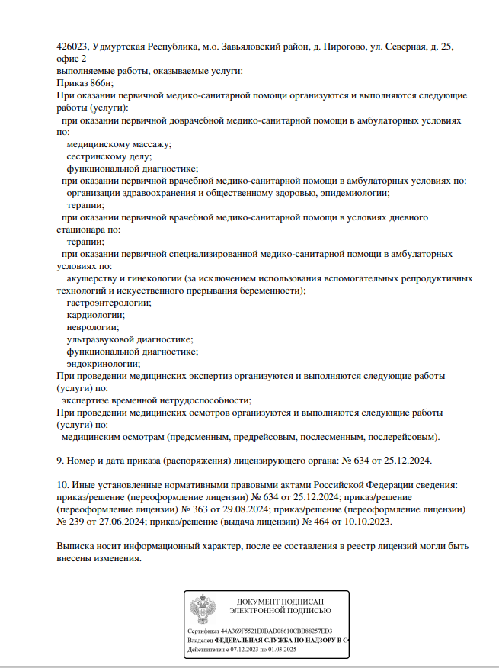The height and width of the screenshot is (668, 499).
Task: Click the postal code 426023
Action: pyautogui.click(x=72, y=47)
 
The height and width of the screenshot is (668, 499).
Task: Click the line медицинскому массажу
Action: pyautogui.click(x=118, y=144)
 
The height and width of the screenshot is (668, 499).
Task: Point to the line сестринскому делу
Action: pyautogui.click(x=109, y=156)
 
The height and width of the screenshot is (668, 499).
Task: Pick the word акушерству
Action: pyautogui.click(x=93, y=278)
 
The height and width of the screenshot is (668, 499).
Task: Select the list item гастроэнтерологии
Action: pyautogui.click(x=108, y=303)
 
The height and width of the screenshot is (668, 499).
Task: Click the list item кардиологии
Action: pyautogui.click(x=96, y=315)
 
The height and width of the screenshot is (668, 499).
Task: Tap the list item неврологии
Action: pyautogui.click(x=93, y=327)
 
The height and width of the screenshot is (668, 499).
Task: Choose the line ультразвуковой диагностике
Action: pyautogui.click(x=129, y=339)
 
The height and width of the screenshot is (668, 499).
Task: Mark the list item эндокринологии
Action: pyautogui.click(x=103, y=364)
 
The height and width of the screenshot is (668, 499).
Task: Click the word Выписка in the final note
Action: pyautogui.click(x=77, y=547)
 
